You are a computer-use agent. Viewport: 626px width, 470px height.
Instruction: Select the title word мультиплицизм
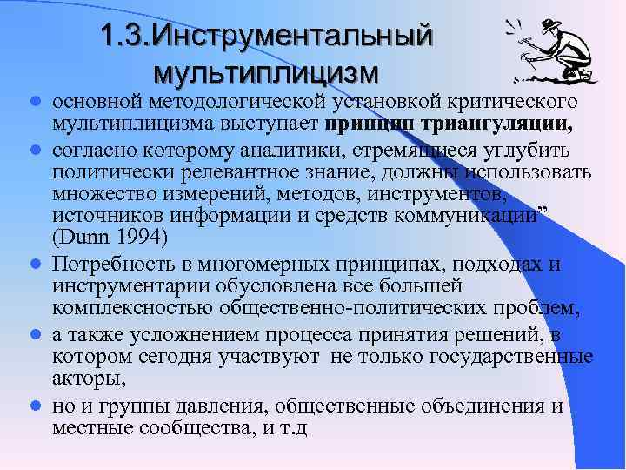pyautogui.click(x=266, y=68)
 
